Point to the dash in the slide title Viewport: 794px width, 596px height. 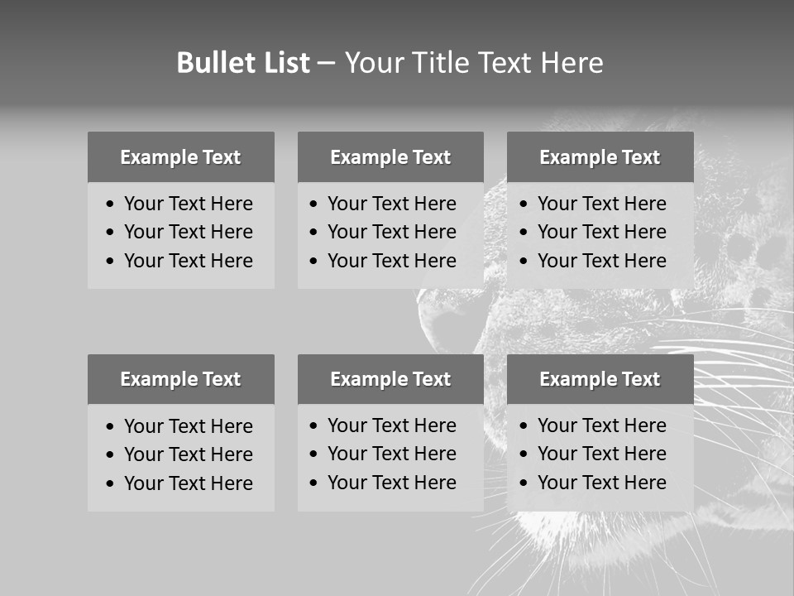coord(327,64)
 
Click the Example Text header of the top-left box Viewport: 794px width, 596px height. coord(180,157)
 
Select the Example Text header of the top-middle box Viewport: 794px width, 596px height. coord(390,157)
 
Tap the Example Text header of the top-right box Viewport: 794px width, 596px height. coord(600,157)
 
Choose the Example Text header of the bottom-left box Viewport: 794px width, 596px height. coord(180,379)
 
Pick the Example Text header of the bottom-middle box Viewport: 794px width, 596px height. coord(390,379)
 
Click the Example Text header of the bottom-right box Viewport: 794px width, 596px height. coord(600,379)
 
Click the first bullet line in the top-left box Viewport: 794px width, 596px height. coord(188,204)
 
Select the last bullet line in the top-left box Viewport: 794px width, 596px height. coord(188,261)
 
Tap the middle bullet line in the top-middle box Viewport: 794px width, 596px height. coord(391,232)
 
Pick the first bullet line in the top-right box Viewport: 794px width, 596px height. coord(601,204)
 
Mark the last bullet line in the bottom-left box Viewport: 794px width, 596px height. coord(188,483)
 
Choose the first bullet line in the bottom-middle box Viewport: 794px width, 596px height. coord(391,425)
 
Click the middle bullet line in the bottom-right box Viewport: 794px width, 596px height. coord(601,454)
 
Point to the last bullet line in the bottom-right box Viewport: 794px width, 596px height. coord(601,483)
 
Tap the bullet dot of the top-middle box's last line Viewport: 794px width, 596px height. coord(313,262)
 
